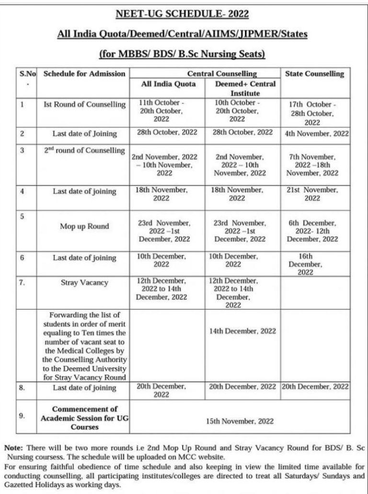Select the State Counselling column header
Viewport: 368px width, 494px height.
pos(314,74)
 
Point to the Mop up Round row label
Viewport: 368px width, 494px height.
pos(84,226)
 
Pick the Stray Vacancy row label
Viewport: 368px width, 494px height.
pos(84,282)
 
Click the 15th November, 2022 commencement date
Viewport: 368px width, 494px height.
pos(240,421)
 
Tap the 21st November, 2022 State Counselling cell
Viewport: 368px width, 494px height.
pos(315,194)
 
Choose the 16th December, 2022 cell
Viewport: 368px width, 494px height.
pos(315,264)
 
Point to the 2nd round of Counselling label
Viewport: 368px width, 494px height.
pos(84,151)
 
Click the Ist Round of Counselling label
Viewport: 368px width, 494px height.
pos(84,104)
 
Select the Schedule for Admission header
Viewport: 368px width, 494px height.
pos(84,74)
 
